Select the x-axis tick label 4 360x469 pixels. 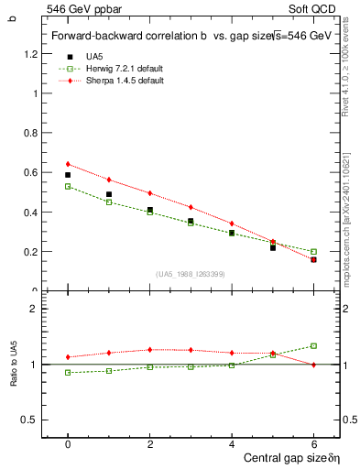pyautogui.click(x=232, y=444)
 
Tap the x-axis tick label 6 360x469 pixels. pyautogui.click(x=314, y=444)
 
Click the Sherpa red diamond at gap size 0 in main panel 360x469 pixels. pyautogui.click(x=68, y=164)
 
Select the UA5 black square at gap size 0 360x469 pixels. pyautogui.click(x=68, y=175)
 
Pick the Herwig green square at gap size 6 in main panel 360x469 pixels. pyautogui.click(x=313, y=252)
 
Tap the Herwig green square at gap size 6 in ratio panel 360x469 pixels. pyautogui.click(x=313, y=346)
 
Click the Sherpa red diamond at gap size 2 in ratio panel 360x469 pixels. pyautogui.click(x=149, y=349)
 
